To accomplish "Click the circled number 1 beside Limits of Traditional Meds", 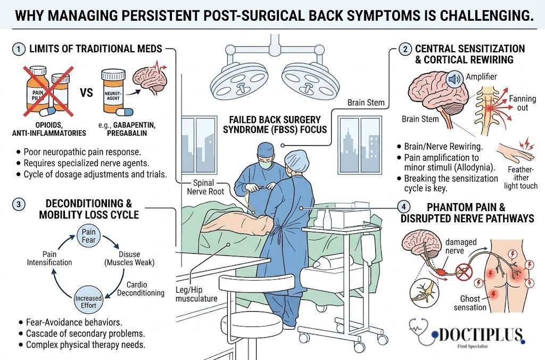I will tap(19, 49).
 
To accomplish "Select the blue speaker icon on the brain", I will tap(453, 80).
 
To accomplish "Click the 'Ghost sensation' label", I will tap(470, 303).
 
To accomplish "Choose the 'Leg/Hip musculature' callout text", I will tap(196, 294).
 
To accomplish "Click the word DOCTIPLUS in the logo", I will tap(474, 334).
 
